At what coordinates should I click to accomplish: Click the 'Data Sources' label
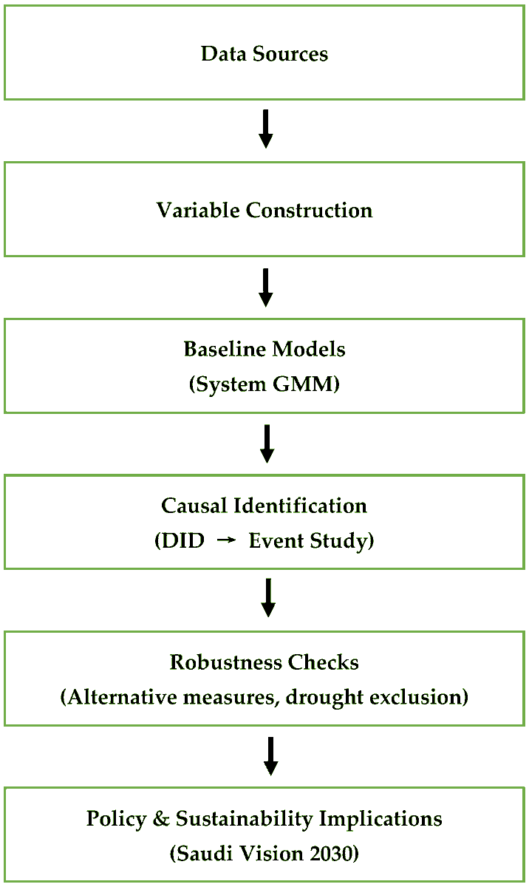[x=264, y=54]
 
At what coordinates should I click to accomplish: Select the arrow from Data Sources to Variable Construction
[x=266, y=129]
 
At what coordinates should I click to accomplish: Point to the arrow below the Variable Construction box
[x=266, y=288]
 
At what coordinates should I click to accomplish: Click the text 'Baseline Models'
[x=264, y=349]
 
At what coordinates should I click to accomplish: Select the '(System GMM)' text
[x=264, y=385]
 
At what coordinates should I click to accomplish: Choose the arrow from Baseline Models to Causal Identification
[x=267, y=443]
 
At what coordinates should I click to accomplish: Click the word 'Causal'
[x=194, y=506]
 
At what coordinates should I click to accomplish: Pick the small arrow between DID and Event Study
[x=226, y=542]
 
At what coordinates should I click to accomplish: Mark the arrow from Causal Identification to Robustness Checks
[x=268, y=598]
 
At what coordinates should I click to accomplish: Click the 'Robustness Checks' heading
[x=264, y=662]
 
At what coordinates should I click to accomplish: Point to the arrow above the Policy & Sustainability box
[x=270, y=756]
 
